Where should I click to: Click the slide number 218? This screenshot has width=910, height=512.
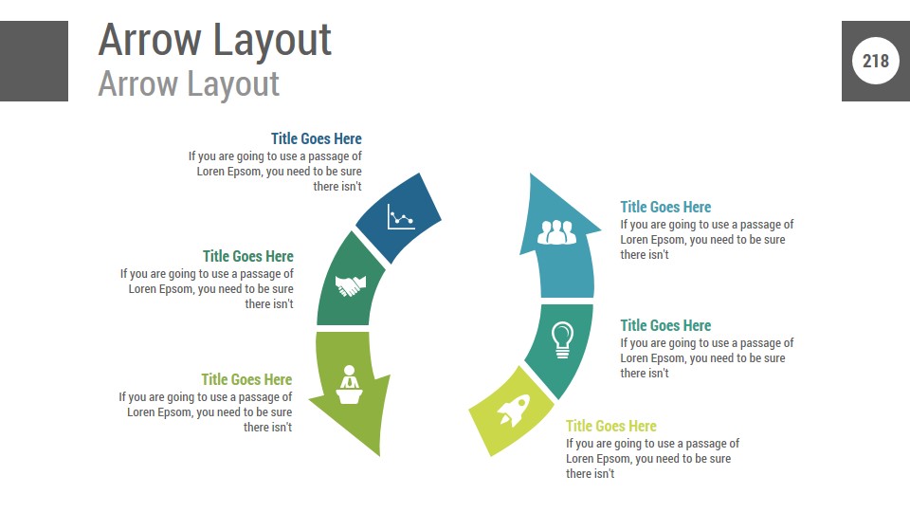(x=875, y=61)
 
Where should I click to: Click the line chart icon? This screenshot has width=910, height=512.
(x=400, y=217)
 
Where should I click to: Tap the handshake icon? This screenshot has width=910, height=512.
(x=351, y=285)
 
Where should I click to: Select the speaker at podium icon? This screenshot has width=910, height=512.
(x=350, y=384)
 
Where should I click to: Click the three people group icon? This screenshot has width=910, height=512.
(x=556, y=232)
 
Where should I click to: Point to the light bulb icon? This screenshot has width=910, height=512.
(x=562, y=339)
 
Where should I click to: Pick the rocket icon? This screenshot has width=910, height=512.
(x=514, y=411)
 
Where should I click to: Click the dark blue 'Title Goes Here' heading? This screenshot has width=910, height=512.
(x=317, y=138)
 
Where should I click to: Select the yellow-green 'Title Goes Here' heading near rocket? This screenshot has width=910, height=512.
(x=611, y=426)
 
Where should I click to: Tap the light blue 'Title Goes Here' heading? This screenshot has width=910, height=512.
(x=665, y=208)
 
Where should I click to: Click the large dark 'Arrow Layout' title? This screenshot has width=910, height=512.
(x=215, y=40)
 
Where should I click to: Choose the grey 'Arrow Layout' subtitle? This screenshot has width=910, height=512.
(x=189, y=83)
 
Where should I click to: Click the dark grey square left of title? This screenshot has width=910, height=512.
(x=34, y=61)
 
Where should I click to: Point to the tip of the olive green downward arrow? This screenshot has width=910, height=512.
(x=379, y=456)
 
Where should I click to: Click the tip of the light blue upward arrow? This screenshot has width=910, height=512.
(x=531, y=174)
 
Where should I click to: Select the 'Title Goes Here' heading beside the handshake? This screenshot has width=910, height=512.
(x=247, y=257)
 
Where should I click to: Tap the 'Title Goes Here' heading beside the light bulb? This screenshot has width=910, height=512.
(x=665, y=325)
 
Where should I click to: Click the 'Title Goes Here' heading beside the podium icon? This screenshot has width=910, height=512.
(x=246, y=379)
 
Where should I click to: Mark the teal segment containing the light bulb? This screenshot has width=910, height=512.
(x=560, y=348)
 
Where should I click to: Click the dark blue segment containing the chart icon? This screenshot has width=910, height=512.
(x=399, y=218)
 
